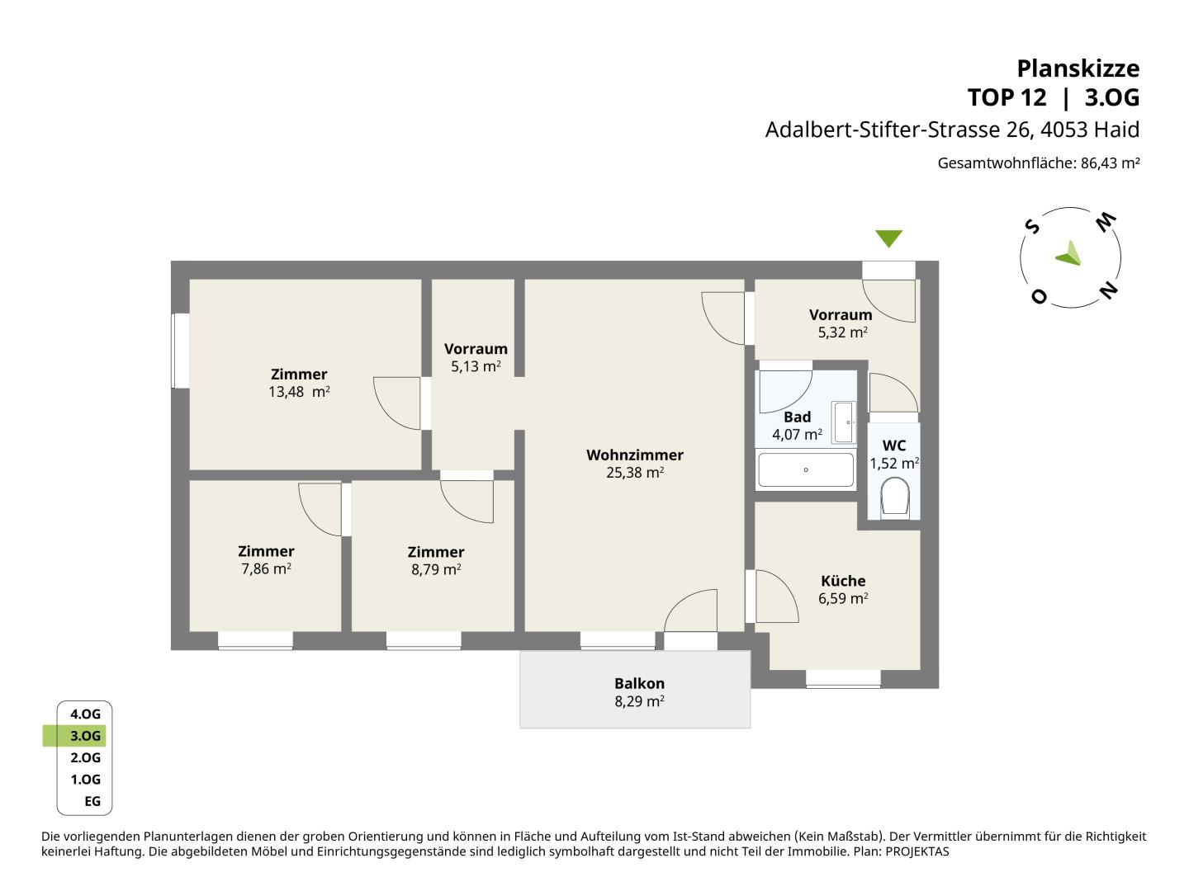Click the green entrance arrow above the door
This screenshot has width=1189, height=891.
888,238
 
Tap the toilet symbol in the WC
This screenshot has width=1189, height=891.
894,498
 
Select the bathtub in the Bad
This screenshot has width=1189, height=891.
806,470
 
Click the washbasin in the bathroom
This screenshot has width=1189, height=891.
844,422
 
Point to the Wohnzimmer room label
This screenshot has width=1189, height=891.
634,455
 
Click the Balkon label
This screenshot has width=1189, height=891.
639,683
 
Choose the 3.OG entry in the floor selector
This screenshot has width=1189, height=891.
84,735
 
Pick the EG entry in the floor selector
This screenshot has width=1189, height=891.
92,801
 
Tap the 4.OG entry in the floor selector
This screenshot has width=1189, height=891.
85,714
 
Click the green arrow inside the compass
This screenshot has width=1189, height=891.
1069,254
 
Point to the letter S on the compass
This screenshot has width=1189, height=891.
1031,225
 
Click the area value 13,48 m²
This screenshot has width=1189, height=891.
299,392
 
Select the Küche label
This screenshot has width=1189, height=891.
843,581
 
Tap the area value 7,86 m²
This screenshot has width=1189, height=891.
266,568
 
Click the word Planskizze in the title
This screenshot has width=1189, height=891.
1078,68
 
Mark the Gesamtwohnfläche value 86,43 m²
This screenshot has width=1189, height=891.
1110,163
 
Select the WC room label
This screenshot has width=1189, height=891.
894,445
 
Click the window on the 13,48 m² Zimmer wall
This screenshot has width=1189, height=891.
180,351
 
